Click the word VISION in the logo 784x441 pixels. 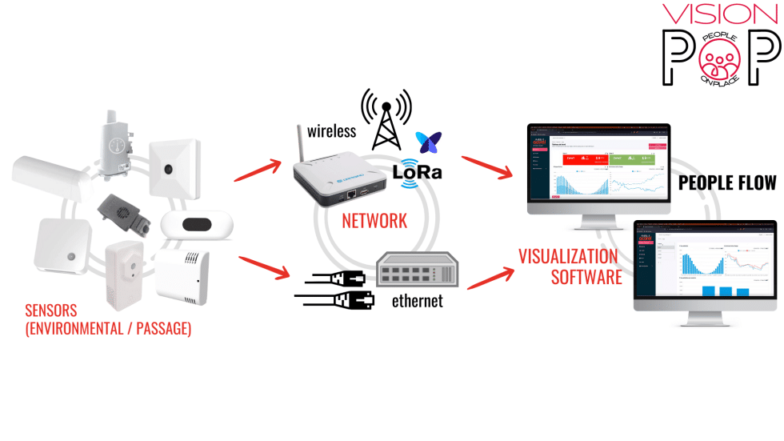point(720,14)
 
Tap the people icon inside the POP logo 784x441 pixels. point(722,59)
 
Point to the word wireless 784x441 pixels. point(331,130)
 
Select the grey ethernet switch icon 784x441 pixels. point(417,270)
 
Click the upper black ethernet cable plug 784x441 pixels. point(332,279)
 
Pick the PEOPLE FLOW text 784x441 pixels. point(727,183)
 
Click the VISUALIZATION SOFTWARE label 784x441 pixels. point(570,267)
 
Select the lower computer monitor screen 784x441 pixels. point(705,261)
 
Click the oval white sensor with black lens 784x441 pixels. point(196,225)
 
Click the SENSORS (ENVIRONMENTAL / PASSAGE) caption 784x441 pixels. point(107,319)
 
